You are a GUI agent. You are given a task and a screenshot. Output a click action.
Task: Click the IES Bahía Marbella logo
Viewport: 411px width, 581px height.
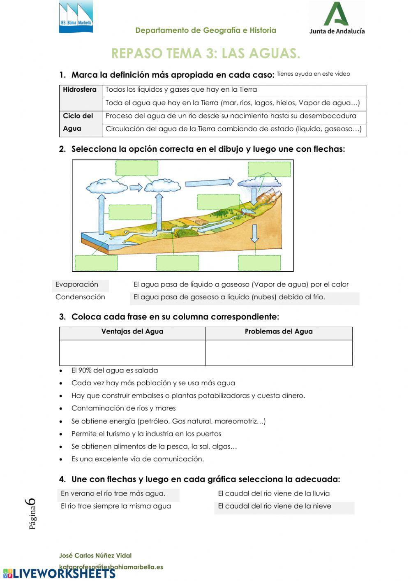(x=76, y=17)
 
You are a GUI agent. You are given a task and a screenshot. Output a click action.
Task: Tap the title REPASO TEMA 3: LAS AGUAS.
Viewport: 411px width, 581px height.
(x=205, y=53)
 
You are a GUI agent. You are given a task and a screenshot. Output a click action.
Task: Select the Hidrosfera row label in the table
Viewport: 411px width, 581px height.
(x=80, y=90)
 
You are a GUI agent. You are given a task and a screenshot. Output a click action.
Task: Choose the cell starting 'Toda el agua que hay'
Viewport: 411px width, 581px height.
(x=233, y=103)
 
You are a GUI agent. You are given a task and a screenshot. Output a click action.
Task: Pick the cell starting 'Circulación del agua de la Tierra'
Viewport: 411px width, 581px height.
(x=233, y=129)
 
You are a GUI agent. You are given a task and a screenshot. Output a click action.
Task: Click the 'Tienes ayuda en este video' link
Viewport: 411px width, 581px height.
(x=313, y=74)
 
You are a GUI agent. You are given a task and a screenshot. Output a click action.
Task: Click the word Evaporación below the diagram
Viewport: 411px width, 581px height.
(x=77, y=285)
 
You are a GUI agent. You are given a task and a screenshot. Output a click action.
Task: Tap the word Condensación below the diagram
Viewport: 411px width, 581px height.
(x=80, y=297)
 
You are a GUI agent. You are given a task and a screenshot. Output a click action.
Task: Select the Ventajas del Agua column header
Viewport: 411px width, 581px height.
(x=132, y=331)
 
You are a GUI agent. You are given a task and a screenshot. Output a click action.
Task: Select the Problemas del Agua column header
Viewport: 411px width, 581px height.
(x=278, y=331)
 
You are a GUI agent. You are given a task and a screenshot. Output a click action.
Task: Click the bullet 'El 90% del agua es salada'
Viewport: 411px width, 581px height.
(x=114, y=370)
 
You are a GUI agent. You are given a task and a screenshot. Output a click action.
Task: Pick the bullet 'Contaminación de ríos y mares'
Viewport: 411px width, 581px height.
(x=123, y=408)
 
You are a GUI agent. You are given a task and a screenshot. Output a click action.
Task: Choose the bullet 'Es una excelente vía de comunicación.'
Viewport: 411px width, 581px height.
(x=137, y=459)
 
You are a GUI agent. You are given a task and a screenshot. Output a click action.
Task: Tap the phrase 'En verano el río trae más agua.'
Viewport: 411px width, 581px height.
(x=113, y=493)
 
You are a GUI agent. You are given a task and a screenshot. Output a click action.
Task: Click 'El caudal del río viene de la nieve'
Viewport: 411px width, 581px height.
(x=274, y=506)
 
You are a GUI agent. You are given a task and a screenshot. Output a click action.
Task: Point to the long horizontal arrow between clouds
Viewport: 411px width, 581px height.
(x=209, y=182)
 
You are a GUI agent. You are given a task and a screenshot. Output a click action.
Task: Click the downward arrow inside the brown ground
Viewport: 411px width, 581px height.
(x=255, y=234)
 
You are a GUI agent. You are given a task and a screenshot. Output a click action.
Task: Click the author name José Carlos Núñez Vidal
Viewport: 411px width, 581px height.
(x=95, y=556)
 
